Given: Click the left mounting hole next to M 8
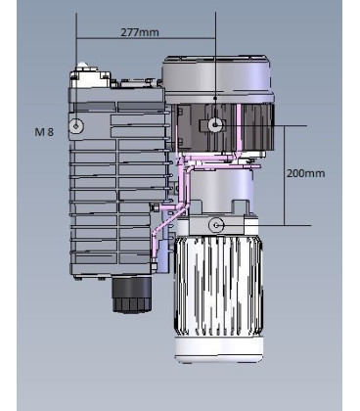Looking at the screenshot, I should (x=77, y=126).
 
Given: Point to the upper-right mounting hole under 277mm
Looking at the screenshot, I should (x=214, y=125).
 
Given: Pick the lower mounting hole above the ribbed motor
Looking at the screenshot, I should (x=215, y=226).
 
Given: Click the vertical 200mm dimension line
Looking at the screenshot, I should (x=286, y=176).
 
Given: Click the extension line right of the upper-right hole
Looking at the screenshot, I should (x=293, y=125).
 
